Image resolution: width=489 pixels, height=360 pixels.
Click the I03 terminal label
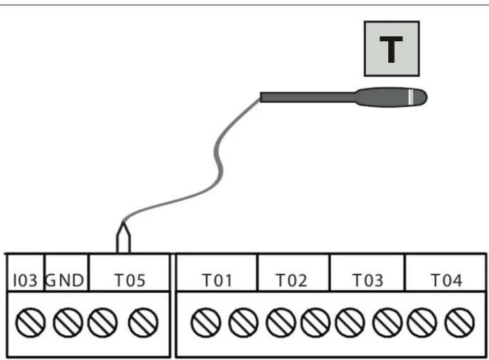point(25,280)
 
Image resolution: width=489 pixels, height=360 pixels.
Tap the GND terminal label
point(65,280)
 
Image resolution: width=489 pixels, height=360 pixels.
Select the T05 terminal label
point(130,280)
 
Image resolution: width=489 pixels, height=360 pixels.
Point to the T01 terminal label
point(217,280)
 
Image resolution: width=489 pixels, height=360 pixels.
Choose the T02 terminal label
point(292,280)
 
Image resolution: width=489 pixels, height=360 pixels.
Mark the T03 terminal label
point(368,280)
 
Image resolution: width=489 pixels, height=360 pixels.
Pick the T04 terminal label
point(446,280)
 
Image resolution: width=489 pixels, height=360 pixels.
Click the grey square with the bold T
point(392,49)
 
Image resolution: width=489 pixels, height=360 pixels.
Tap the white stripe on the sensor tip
point(411,97)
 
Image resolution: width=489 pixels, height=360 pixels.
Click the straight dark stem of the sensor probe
point(308,97)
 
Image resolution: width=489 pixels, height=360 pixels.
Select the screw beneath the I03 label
point(30,322)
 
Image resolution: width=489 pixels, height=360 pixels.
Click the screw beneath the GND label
point(68,322)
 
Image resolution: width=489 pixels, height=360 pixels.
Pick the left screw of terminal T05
point(102,322)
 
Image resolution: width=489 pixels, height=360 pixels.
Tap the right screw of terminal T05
point(143,322)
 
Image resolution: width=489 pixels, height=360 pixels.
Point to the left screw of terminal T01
point(206,322)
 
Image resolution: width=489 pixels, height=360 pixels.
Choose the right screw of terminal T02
point(316,322)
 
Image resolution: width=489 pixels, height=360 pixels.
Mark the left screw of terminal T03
point(350,322)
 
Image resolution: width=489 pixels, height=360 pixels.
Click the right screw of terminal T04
point(460,322)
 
